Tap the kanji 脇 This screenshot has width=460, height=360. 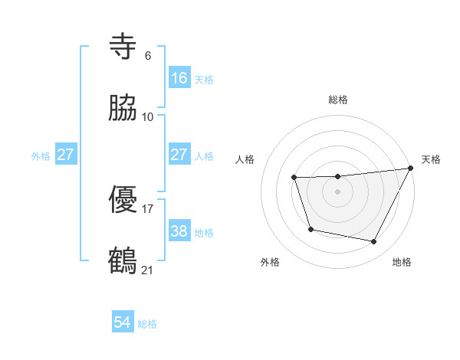point(123,108)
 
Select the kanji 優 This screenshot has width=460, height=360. point(123,201)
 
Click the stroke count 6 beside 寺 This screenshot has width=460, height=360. point(147,56)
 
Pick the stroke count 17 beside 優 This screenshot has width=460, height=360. point(148,208)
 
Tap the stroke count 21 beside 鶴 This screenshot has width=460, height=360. point(148,269)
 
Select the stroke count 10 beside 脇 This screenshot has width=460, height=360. point(148,116)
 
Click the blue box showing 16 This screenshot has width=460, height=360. point(179,78)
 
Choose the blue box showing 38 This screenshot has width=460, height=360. point(179,231)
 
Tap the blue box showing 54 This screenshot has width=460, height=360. point(123,322)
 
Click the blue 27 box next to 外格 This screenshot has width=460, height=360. point(65,155)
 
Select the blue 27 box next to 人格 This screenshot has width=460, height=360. point(179,155)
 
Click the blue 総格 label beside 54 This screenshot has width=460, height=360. point(147,324)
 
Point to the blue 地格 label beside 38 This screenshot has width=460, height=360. point(204,232)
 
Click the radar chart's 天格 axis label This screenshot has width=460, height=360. point(432,159)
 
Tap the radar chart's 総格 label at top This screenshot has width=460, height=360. point(338,100)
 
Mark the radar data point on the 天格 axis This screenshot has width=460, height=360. point(411,168)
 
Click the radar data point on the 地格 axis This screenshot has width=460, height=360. point(374,242)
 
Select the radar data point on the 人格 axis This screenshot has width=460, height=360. point(294,178)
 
